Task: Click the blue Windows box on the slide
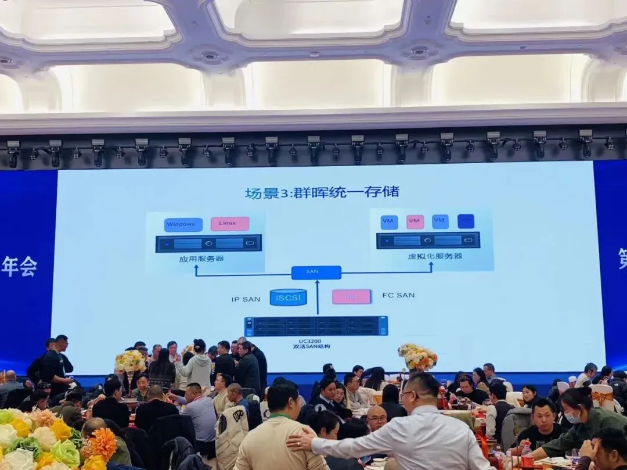183,224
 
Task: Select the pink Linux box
230,224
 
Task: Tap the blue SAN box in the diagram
316,272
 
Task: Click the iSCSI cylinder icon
288,297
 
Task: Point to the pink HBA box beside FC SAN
351,296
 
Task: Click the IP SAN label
246,299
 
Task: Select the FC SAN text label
398,295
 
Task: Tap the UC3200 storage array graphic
316,326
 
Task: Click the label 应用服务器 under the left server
201,258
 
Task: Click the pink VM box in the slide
415,221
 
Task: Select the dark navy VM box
466,221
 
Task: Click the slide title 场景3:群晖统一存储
322,192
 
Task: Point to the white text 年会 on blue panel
19,267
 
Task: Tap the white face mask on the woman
572,417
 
